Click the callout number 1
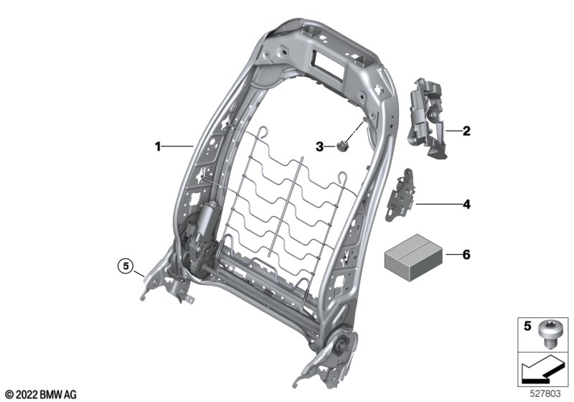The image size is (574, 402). click(x=158, y=146)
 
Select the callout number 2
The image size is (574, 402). click(x=466, y=131)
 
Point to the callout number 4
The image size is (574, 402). click(x=466, y=205)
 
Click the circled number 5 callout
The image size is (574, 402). click(x=127, y=267)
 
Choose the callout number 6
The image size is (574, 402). click(x=466, y=254)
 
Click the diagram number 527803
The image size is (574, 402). click(x=547, y=393)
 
